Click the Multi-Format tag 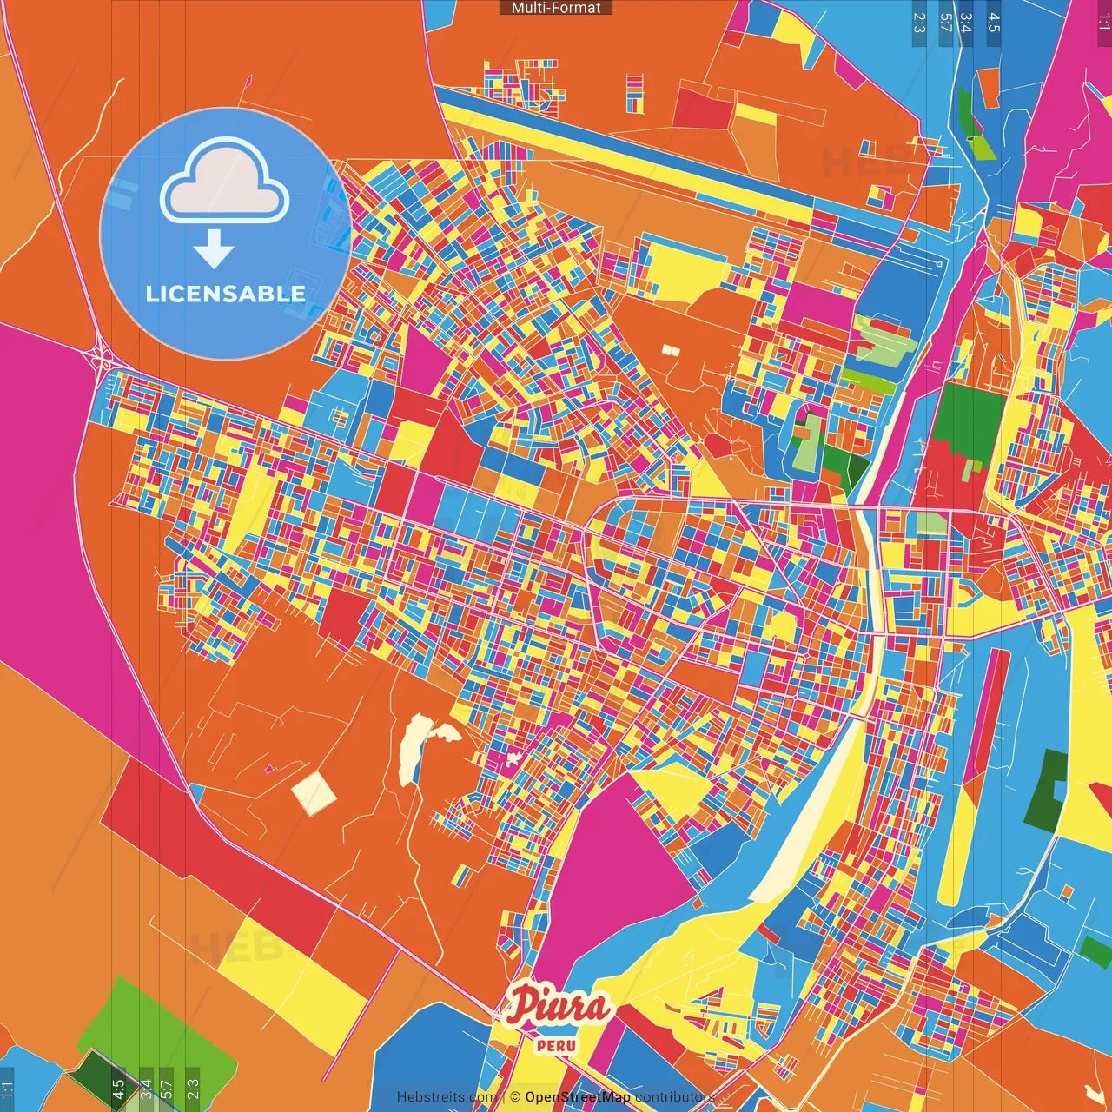[x=556, y=8]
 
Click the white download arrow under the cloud [x=214, y=249]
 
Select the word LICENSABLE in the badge [x=225, y=294]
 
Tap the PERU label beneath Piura [x=556, y=1045]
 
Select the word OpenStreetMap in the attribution [x=577, y=1097]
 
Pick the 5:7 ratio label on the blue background [x=945, y=22]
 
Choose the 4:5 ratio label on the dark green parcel [x=118, y=1088]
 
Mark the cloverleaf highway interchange [x=100, y=356]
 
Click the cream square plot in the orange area [x=313, y=792]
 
